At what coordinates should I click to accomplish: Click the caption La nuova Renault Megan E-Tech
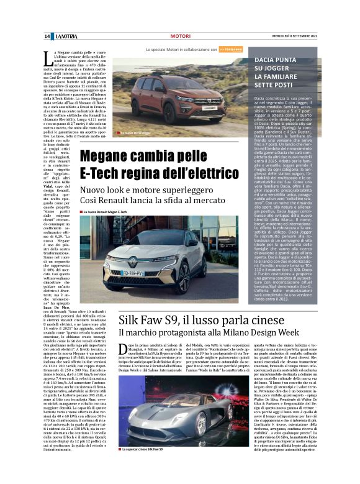106,212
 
